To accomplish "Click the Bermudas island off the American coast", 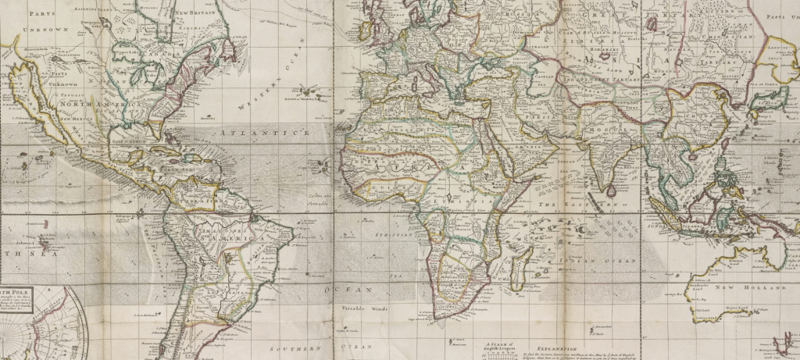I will point(208,118).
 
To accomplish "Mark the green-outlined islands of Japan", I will point(770,98).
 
